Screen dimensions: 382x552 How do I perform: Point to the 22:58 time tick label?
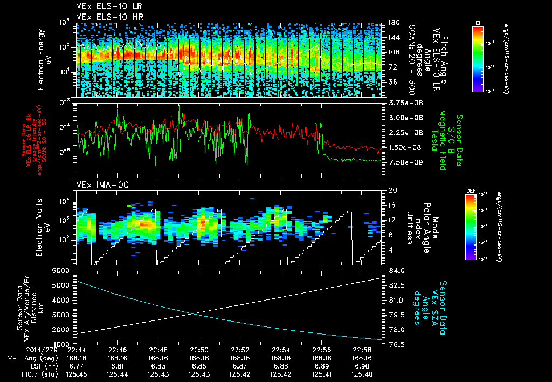tap(362, 350)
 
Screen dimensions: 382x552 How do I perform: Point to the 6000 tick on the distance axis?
tap(61, 270)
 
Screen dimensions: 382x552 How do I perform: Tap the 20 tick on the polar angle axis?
tap(391, 190)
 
